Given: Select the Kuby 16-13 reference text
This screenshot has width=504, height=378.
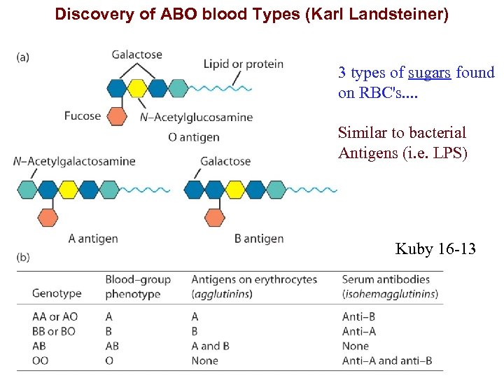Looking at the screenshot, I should pyautogui.click(x=435, y=248).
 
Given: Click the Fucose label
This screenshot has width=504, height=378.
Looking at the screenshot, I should pyautogui.click(x=83, y=115).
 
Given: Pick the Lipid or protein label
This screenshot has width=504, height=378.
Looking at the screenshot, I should pyautogui.click(x=243, y=64).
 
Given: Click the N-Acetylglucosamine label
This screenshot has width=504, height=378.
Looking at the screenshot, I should pyautogui.click(x=196, y=117).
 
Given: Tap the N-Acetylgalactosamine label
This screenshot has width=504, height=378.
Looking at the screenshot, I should pyautogui.click(x=73, y=161).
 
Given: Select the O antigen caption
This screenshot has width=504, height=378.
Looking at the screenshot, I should pyautogui.click(x=194, y=137).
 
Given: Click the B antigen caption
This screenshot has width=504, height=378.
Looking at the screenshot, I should pyautogui.click(x=259, y=239).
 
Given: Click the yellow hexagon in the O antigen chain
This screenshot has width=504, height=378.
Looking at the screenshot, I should pyautogui.click(x=137, y=88).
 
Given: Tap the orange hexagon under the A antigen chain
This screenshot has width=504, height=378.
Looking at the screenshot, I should pyautogui.click(x=48, y=217).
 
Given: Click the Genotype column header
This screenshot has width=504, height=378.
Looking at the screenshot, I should pyautogui.click(x=57, y=293).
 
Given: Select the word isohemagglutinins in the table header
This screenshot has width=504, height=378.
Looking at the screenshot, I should pyautogui.click(x=390, y=294).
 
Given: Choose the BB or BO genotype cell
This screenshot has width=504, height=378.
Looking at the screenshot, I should pyautogui.click(x=53, y=331).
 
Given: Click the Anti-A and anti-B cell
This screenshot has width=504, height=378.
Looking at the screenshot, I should pyautogui.click(x=387, y=361).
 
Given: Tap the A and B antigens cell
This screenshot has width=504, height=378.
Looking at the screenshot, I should pyautogui.click(x=211, y=346).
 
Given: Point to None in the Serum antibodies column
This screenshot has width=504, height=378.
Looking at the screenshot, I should pyautogui.click(x=355, y=346).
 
